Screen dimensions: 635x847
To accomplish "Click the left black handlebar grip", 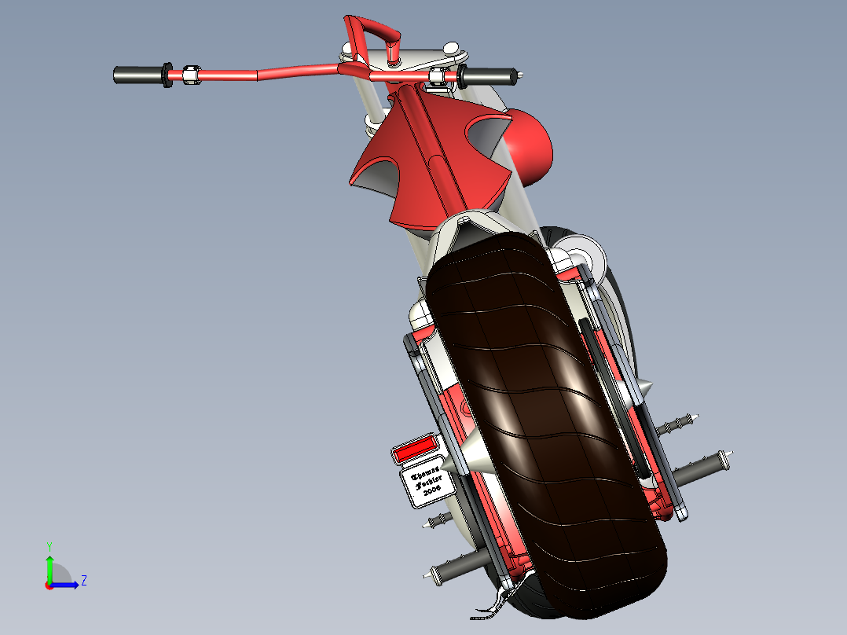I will point(137,75).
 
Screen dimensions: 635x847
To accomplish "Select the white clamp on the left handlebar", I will point(189,75).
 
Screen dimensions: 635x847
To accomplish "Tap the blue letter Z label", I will point(83,582).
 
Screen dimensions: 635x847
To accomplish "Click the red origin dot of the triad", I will point(49,585).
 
